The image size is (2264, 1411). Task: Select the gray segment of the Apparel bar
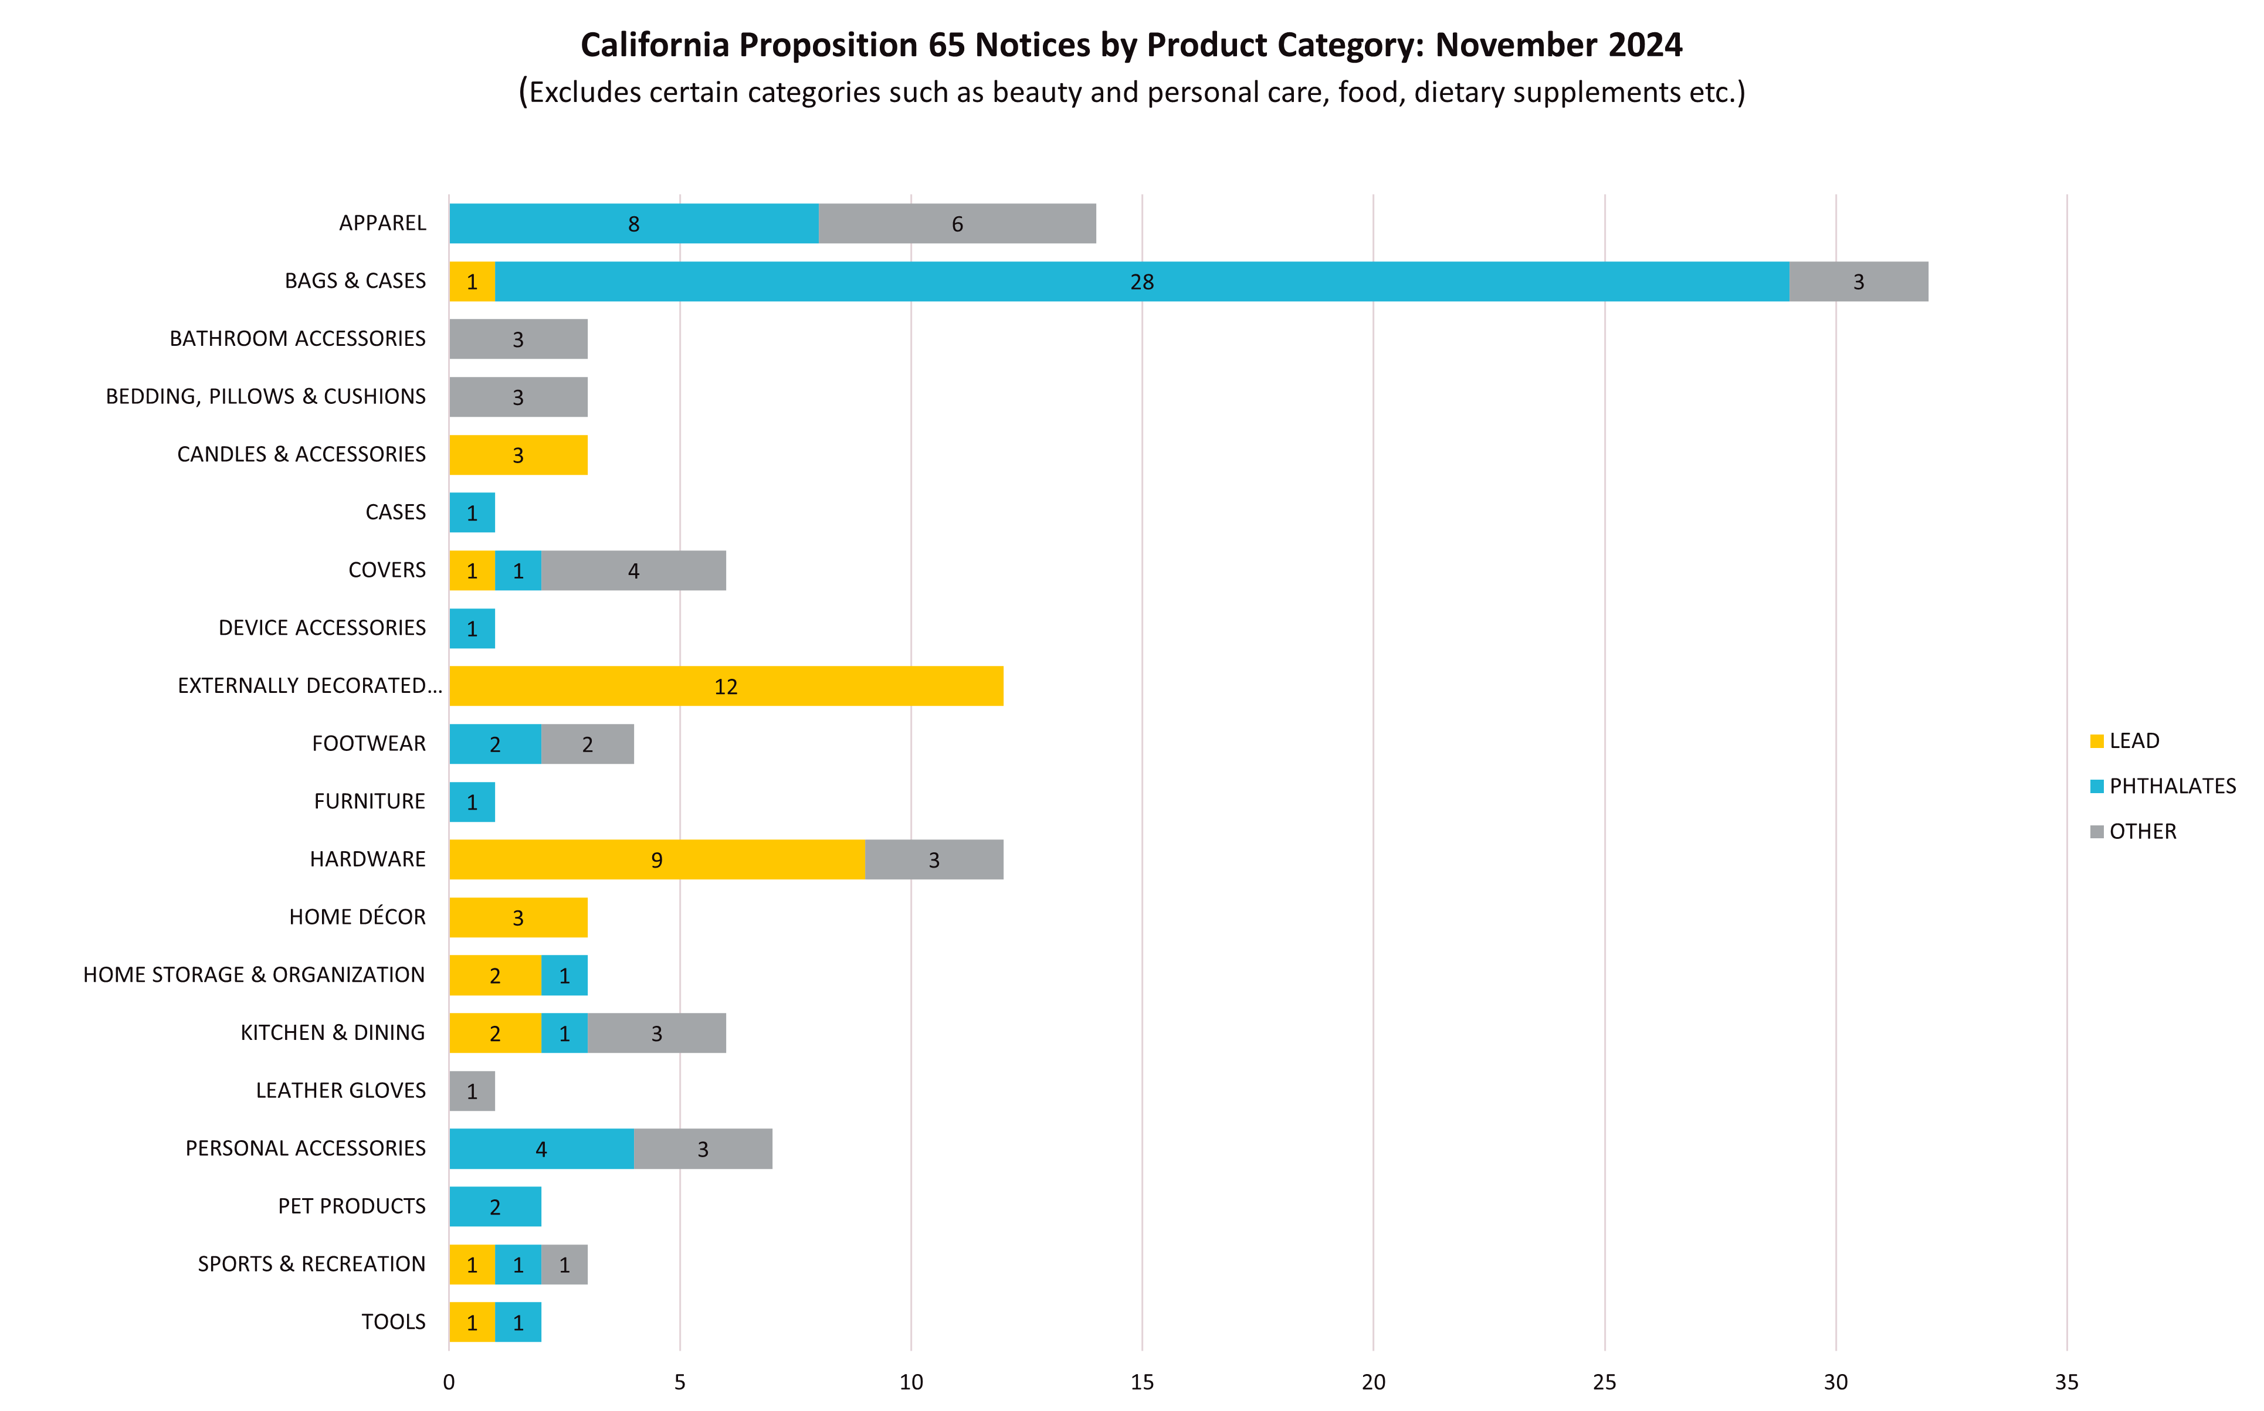(957, 224)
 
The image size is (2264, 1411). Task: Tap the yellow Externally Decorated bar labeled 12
(726, 687)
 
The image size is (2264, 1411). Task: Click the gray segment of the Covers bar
(633, 571)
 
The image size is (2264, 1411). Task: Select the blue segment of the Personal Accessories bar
(541, 1150)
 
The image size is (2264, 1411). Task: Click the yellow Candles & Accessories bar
(518, 455)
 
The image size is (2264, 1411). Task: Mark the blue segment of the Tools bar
(518, 1323)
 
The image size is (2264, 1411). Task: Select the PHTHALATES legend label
(2173, 787)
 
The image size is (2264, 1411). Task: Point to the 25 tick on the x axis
(1604, 1382)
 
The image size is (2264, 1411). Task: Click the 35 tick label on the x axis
(2067, 1382)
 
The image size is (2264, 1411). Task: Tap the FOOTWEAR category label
(369, 744)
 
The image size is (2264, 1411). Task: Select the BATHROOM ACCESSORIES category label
(297, 339)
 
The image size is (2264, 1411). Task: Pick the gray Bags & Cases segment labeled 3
(1858, 282)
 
